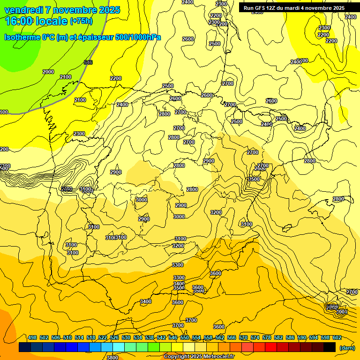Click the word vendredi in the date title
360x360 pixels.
coord(24,10)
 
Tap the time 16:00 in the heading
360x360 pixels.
coord(19,21)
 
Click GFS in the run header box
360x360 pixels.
coord(262,8)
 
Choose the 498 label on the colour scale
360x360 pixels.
coord(32,337)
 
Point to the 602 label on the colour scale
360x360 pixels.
coord(337,337)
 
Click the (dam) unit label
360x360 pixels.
coord(347,348)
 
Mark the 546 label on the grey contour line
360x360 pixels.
coord(88,62)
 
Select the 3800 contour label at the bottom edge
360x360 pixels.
coord(112,357)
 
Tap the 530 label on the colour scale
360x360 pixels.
coord(126,337)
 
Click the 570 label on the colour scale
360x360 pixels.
coord(243,337)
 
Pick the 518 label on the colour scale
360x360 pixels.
coord(91,337)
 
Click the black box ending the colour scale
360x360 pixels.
coord(330,347)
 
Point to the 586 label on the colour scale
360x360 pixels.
coord(290,337)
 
